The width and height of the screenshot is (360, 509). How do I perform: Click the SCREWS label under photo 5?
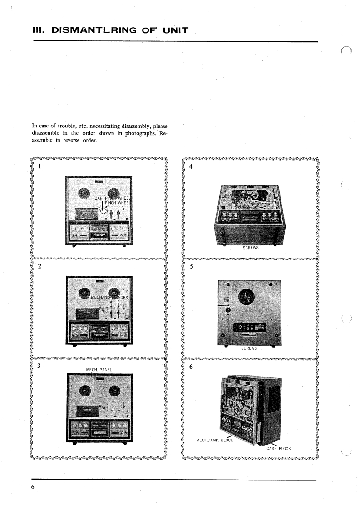pyautogui.click(x=249, y=348)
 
